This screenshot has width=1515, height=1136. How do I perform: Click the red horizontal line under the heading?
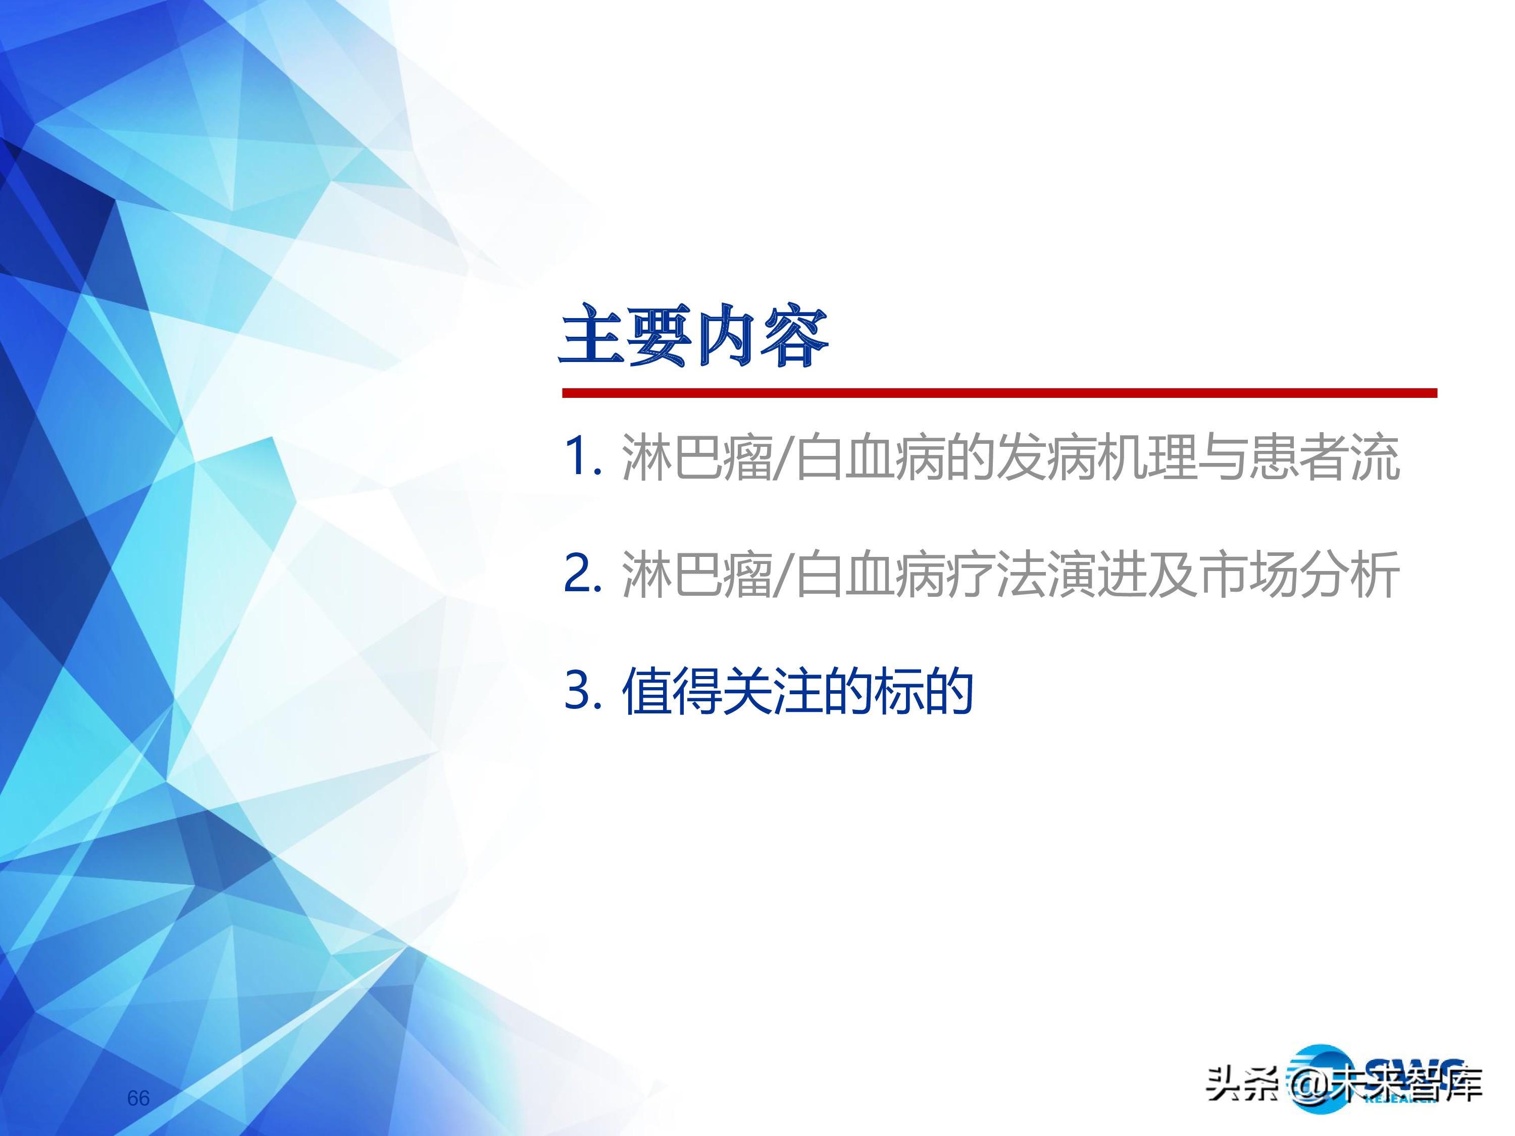point(999,393)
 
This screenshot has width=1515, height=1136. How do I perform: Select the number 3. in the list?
point(582,690)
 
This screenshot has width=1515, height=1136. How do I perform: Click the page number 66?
point(138,1098)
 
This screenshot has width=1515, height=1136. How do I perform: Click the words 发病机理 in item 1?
point(1096,457)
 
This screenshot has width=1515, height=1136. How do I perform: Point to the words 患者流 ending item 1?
point(1323,457)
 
